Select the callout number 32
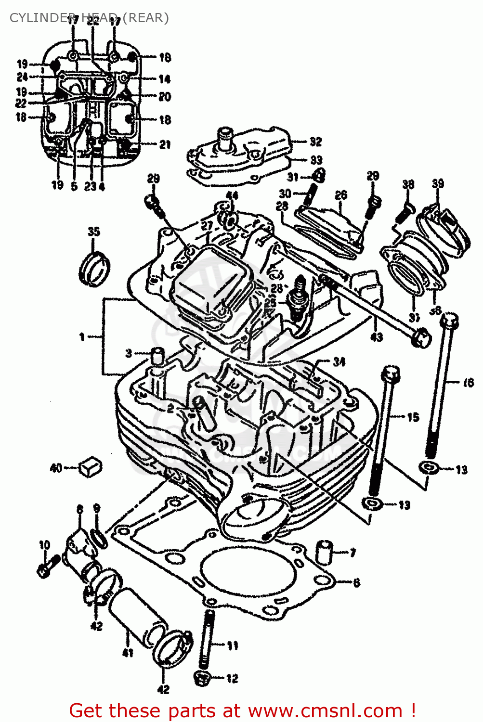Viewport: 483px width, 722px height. tap(315, 142)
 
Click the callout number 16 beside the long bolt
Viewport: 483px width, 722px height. tap(468, 383)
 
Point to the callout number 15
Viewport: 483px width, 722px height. tap(413, 417)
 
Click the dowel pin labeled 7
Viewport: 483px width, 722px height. tap(325, 552)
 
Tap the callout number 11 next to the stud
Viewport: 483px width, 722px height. tap(232, 645)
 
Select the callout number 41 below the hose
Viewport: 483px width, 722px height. tap(128, 653)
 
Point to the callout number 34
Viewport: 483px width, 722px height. tap(339, 361)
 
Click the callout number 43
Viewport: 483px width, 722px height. tap(377, 337)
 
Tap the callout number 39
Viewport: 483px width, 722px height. tap(438, 184)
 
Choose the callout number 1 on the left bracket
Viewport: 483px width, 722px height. tap(82, 337)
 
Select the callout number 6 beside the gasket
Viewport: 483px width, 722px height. tap(356, 583)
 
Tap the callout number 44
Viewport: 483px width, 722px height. tap(232, 195)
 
